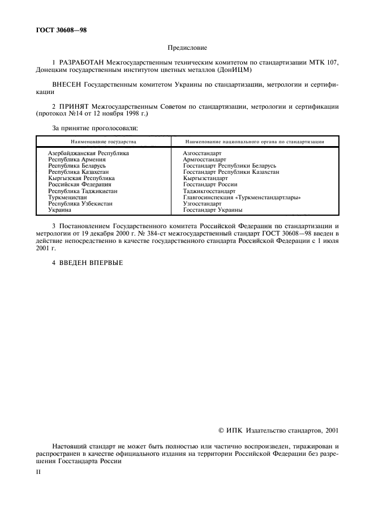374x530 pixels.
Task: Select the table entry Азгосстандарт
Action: pyautogui.click(x=202, y=153)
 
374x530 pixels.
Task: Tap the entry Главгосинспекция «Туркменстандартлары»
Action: pyautogui.click(x=242, y=197)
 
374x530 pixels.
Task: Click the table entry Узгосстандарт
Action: pyautogui.click(x=202, y=203)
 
